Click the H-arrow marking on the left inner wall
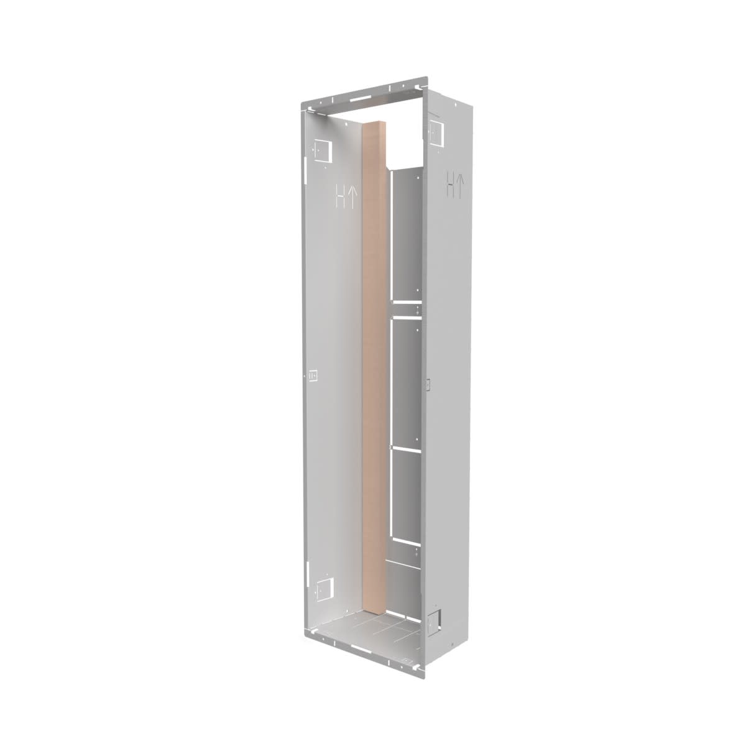(x=346, y=197)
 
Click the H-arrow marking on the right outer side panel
(x=454, y=186)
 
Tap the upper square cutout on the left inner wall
(x=322, y=149)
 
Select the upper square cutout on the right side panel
(x=435, y=130)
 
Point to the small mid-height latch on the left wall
(x=313, y=375)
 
